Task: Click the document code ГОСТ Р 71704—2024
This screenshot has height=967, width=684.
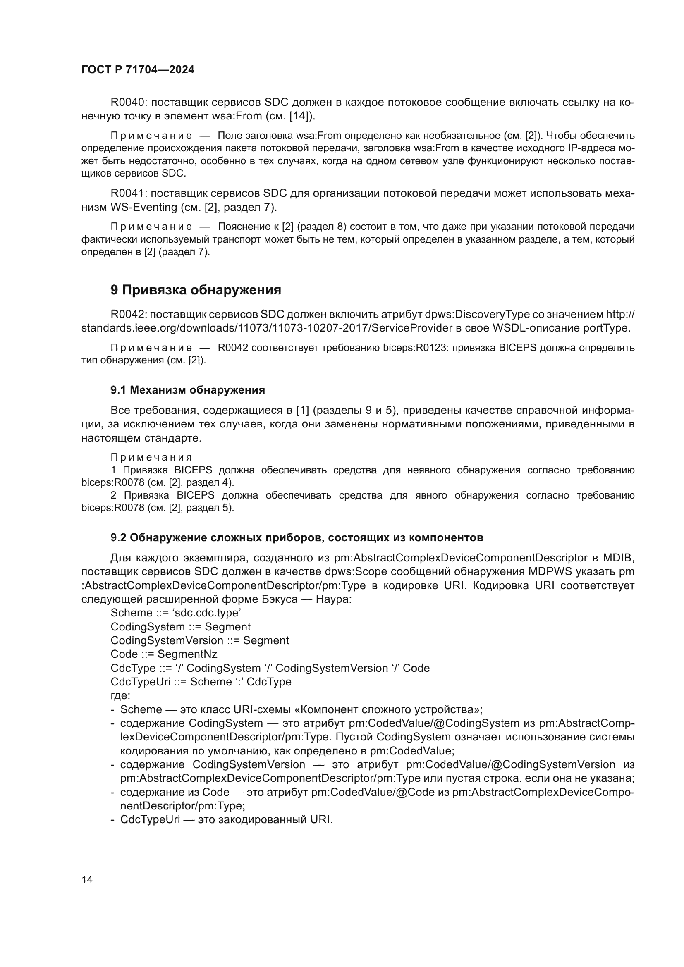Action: (138, 70)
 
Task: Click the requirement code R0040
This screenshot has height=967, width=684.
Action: (127, 103)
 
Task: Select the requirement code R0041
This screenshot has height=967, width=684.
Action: (127, 193)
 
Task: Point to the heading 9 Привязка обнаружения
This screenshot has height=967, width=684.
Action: (196, 290)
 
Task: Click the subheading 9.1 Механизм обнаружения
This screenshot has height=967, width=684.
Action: (188, 390)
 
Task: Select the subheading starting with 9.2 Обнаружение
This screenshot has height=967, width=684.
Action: (297, 538)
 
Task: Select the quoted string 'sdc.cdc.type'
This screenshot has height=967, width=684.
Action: (207, 613)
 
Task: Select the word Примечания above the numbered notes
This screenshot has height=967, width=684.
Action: (152, 457)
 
